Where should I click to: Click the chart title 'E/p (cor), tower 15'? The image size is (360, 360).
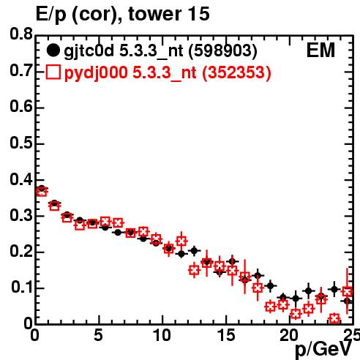[x=122, y=14]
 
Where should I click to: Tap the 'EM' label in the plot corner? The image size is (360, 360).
[x=320, y=50]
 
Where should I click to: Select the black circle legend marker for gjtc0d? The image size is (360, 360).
[x=53, y=50]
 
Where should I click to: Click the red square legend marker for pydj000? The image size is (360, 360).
[x=53, y=72]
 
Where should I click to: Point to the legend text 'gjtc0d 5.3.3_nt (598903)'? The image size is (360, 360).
[x=160, y=51]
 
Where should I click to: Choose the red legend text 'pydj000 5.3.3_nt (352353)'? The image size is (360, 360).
[x=168, y=72]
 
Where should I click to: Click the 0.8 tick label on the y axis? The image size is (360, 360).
[x=21, y=34]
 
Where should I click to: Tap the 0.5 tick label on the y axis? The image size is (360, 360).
[x=21, y=143]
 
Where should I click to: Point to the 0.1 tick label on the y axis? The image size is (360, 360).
[x=22, y=287]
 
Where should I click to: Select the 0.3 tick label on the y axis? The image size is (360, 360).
[x=21, y=215]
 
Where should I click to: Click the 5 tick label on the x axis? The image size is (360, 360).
[x=98, y=335]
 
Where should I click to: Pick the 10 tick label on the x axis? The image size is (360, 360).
[x=162, y=335]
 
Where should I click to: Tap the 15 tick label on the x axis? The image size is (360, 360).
[x=226, y=335]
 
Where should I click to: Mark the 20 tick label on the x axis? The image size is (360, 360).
[x=289, y=335]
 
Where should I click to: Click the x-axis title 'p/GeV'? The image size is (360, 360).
[x=323, y=350]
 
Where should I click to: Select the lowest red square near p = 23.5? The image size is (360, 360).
[x=334, y=318]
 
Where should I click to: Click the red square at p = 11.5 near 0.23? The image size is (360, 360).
[x=181, y=241]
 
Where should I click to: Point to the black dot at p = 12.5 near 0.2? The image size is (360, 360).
[x=194, y=251]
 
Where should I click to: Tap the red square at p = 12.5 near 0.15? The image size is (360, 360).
[x=194, y=270]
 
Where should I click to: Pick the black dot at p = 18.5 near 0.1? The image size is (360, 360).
[x=270, y=285]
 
